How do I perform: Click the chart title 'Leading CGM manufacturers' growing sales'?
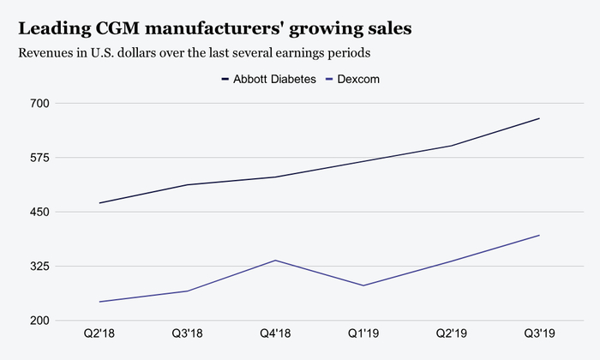(214, 28)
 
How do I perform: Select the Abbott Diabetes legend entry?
(268, 79)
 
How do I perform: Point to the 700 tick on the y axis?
(41, 104)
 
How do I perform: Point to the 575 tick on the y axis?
(41, 158)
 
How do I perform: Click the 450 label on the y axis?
(41, 212)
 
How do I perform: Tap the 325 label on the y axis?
(41, 267)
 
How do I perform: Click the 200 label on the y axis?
(41, 321)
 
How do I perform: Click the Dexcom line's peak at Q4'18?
(275, 260)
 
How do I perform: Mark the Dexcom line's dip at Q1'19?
(363, 285)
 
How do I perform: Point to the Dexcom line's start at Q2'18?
(99, 302)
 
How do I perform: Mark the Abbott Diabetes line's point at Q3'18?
(187, 184)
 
